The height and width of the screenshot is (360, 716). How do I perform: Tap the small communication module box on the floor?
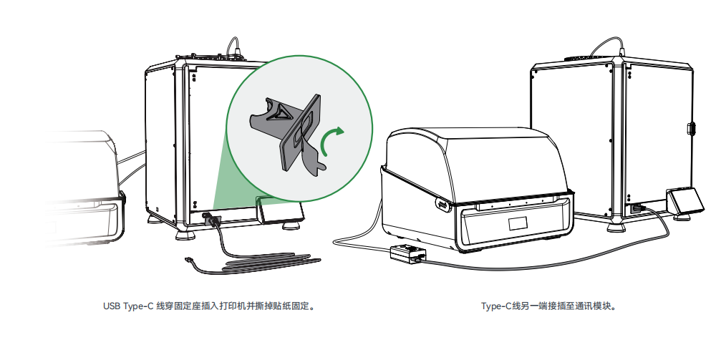(408, 253)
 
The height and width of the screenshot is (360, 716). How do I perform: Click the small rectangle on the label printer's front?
(518, 223)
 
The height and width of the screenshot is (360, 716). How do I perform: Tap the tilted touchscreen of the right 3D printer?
(687, 201)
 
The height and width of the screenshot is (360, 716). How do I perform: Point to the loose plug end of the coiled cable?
(188, 261)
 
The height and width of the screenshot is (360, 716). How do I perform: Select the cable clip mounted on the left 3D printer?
(211, 220)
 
